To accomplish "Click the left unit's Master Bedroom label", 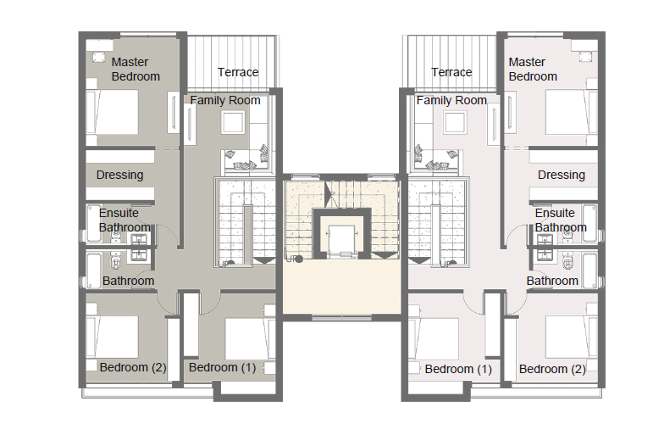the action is [x=136, y=70].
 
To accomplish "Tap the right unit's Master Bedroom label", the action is [x=533, y=70].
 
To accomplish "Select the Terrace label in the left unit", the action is [x=238, y=72].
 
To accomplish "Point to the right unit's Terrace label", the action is [x=451, y=72].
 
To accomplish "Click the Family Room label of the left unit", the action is [x=225, y=100].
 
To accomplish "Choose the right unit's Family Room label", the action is [x=451, y=100].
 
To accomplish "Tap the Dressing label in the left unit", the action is [x=120, y=175].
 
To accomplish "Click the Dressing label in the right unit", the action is [x=562, y=175].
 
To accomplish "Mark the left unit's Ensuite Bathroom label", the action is [x=125, y=220].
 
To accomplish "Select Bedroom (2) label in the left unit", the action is [x=133, y=367].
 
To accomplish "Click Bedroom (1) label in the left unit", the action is [x=223, y=367].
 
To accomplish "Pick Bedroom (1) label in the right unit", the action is [x=458, y=369].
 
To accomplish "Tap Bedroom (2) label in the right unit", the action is [x=552, y=369].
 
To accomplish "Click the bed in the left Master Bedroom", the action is [x=112, y=112].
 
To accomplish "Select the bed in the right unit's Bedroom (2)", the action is [x=572, y=338].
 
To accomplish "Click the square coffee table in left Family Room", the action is [x=233, y=123].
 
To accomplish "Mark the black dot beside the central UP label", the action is [x=299, y=259].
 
